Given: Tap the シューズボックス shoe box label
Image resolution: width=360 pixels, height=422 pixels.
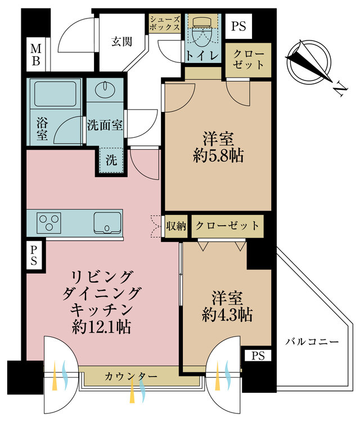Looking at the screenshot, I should click(165, 23).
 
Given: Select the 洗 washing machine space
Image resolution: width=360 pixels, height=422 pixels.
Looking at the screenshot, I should click(112, 159).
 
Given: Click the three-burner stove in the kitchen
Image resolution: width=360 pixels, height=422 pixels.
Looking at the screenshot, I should click(51, 222).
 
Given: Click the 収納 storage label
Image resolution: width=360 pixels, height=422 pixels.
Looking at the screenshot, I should click(176, 226).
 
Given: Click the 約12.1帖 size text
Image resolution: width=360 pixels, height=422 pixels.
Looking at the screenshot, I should click(102, 326).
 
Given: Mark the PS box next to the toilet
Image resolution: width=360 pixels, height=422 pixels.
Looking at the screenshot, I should click(238, 25).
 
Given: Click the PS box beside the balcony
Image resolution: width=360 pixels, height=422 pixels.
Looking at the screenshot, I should click(257, 356).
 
